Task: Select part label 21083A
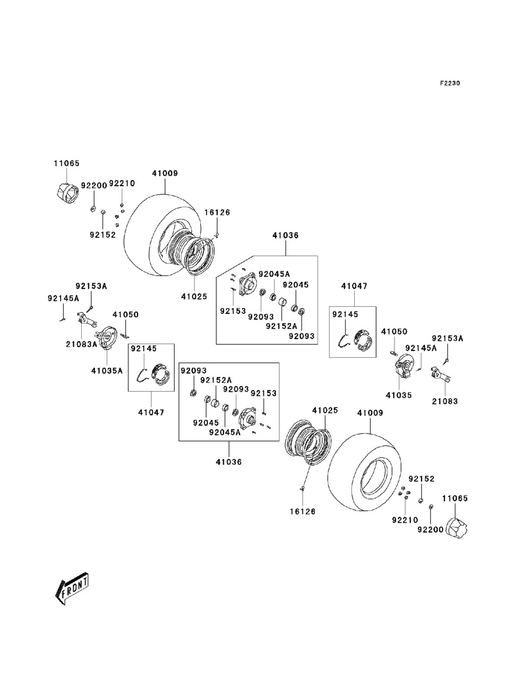(81, 344)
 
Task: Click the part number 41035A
(106, 371)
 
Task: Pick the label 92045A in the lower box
(225, 432)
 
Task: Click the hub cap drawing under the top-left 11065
(67, 192)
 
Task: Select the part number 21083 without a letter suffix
(444, 401)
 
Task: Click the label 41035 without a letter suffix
(399, 395)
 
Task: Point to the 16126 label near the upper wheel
(217, 212)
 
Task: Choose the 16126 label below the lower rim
(303, 511)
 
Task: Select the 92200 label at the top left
(94, 186)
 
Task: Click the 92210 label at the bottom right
(405, 520)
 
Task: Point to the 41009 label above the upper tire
(165, 173)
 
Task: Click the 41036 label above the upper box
(286, 235)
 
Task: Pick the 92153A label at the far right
(447, 338)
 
